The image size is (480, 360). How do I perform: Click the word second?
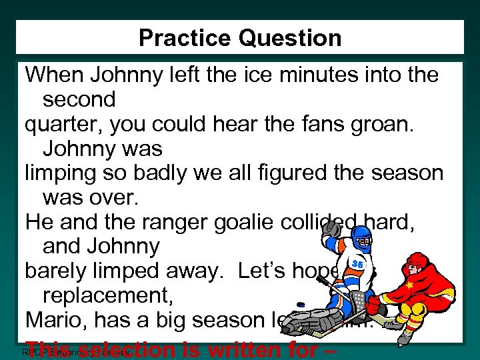click(x=79, y=100)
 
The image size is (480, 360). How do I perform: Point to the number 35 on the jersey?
click(x=357, y=265)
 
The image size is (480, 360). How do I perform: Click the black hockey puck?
click(x=301, y=305)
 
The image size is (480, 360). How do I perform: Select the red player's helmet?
click(x=417, y=259)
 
